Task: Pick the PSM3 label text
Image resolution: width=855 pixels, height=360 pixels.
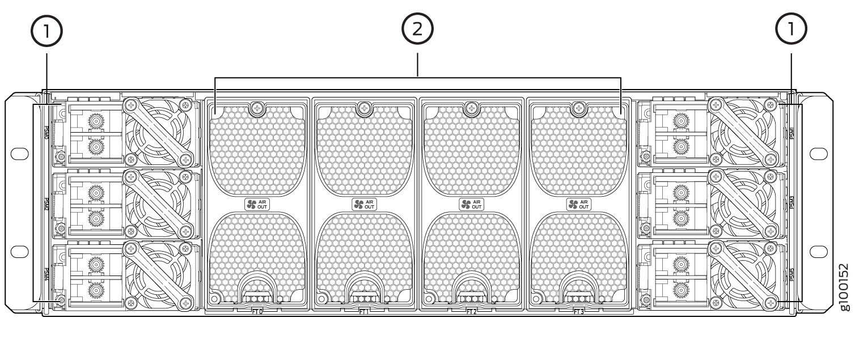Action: coord(791,203)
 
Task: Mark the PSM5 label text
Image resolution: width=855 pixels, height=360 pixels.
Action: coord(791,273)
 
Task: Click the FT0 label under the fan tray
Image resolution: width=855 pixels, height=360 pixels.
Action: coord(257,311)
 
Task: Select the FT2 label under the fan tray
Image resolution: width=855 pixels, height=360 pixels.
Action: coord(471,311)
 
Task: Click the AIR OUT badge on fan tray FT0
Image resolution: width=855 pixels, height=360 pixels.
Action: coord(257,205)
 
